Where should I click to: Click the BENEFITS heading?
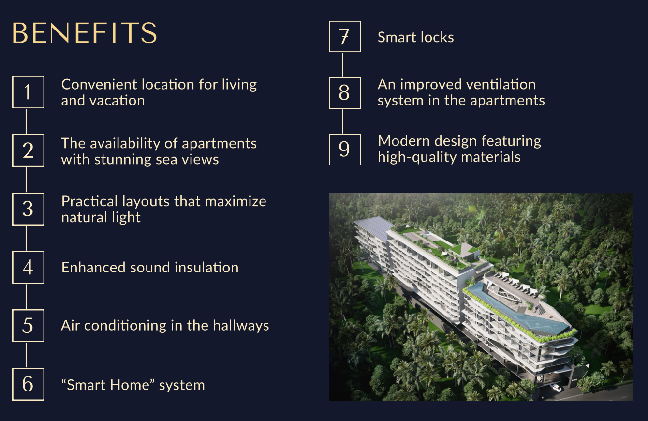[x=85, y=33]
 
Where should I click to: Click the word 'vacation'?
[x=117, y=101]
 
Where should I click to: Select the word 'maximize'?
[x=236, y=201]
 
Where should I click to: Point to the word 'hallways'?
[x=241, y=326]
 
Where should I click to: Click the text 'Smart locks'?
[x=416, y=37]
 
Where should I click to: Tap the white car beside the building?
[x=556, y=388]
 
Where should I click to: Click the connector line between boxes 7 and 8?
[x=342, y=65]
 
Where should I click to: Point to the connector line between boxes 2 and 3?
[x=26, y=180]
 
